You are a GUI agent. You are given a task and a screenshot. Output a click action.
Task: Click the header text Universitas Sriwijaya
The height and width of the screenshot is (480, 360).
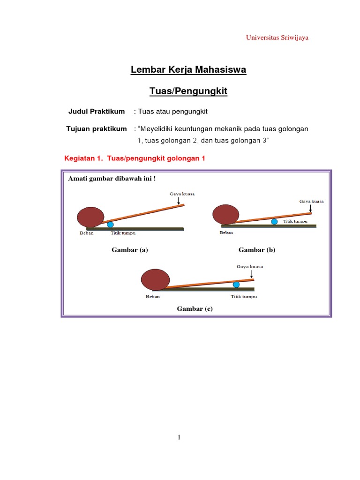[x=277, y=37]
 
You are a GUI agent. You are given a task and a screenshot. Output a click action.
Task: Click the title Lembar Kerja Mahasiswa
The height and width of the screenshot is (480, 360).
[x=188, y=70]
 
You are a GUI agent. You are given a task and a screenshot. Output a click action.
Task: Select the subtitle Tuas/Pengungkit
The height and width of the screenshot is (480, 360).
[x=188, y=91]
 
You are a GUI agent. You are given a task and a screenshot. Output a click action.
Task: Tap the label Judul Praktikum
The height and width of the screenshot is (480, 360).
[x=97, y=112]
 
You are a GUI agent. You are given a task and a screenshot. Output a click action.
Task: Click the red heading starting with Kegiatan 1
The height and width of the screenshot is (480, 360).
[x=135, y=158]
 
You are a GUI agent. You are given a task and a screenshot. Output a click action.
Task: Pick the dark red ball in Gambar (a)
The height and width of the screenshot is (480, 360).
[x=90, y=217]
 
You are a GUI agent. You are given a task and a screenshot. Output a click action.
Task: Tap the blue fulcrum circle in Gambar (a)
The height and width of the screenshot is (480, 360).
[x=110, y=225]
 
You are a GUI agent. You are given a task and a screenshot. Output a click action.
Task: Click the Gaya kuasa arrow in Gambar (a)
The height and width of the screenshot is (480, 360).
[x=179, y=201]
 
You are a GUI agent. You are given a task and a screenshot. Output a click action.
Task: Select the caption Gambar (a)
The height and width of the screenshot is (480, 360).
[x=130, y=250]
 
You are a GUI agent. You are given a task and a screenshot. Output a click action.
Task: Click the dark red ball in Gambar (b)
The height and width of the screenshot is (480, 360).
[x=226, y=214]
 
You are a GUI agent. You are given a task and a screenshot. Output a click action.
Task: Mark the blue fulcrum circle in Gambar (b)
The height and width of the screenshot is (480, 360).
[x=274, y=222]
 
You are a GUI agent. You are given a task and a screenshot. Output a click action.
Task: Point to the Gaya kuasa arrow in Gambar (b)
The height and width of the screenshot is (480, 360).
[x=311, y=208]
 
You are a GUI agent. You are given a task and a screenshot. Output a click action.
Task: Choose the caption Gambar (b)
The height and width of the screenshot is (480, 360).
[x=257, y=250]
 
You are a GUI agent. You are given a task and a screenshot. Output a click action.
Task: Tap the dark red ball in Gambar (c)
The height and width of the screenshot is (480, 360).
[x=155, y=279]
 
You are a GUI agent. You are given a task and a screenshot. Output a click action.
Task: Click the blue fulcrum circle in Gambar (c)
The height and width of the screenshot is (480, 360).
[x=236, y=285]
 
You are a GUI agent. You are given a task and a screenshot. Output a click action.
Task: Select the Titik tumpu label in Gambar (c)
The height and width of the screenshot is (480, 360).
[x=243, y=296]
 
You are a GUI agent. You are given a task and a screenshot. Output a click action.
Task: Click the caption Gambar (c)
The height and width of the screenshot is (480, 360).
[x=195, y=308]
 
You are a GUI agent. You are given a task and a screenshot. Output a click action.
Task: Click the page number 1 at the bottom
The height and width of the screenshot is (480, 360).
[x=179, y=437]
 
